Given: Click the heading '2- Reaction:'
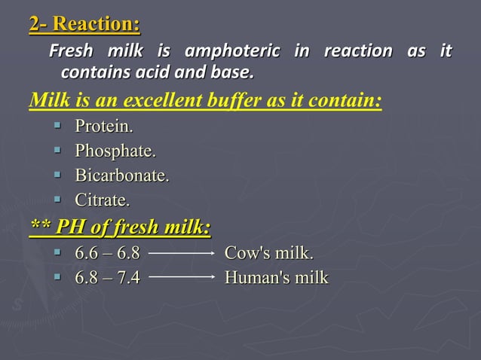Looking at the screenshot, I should pos(84,25).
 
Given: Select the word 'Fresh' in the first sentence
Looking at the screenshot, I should pos(72,52).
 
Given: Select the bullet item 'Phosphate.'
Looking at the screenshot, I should pos(115,151).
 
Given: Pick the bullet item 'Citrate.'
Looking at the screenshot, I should pos(103,201).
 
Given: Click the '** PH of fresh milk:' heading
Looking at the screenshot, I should pos(120,227).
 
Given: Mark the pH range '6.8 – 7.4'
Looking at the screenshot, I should pos(107,279).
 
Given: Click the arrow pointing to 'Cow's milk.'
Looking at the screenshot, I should pos(183,254).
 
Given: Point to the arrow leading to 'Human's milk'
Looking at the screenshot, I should pos(183,279).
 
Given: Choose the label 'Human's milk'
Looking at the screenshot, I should pos(277,279).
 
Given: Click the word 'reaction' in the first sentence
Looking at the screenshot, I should pos(357,52).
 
